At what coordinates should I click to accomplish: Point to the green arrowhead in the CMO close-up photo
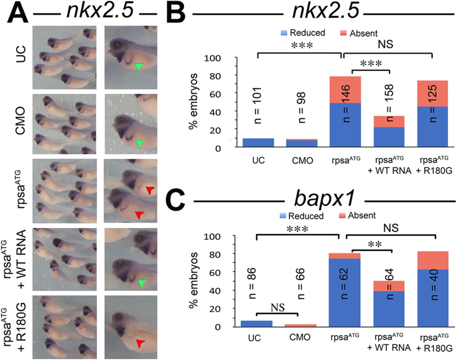click(x=140, y=144)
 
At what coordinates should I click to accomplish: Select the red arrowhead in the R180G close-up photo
click(x=140, y=343)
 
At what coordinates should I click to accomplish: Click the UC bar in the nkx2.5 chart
click(x=258, y=142)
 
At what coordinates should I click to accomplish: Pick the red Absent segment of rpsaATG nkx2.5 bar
click(x=345, y=90)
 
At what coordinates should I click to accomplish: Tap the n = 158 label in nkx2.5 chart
click(x=389, y=103)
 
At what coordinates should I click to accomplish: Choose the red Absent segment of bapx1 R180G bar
click(x=433, y=260)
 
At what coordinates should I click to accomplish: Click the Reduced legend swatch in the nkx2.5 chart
click(x=284, y=33)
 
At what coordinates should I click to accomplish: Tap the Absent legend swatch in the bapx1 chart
click(x=342, y=216)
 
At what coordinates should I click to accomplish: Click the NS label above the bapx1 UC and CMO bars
click(x=277, y=308)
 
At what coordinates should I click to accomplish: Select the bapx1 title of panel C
click(x=324, y=198)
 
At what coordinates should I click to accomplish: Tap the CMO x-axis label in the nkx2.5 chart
click(x=302, y=161)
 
